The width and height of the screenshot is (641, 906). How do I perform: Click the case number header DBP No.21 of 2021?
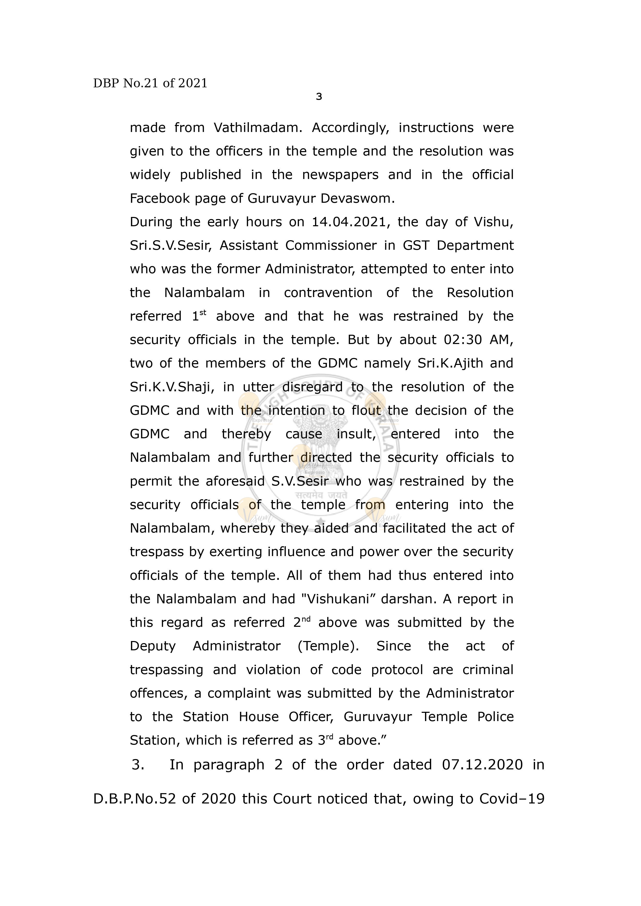coord(150,83)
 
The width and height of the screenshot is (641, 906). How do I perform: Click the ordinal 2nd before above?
coord(302,623)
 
